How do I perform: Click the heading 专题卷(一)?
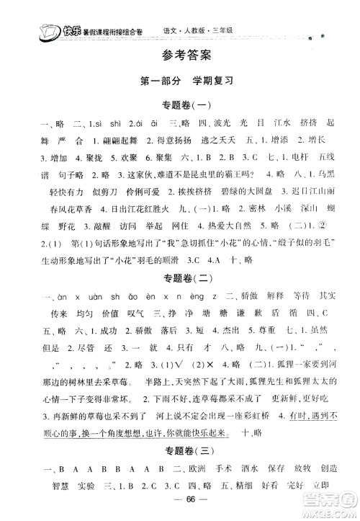click(x=180, y=106)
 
